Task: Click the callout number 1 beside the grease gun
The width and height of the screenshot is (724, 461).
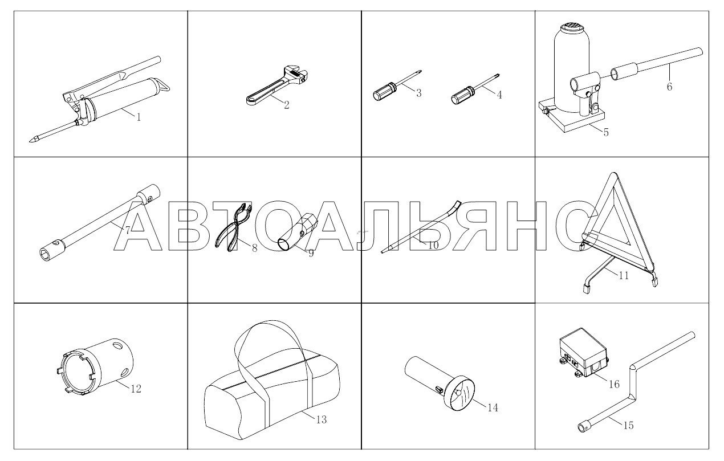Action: tap(139, 117)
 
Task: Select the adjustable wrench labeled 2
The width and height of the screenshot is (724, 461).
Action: tap(277, 85)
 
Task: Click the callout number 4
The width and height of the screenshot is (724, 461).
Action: tap(499, 95)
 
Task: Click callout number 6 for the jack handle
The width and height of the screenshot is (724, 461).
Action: tap(669, 87)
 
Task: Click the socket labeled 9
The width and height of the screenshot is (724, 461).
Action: tap(298, 231)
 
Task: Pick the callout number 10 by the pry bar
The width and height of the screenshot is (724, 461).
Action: tap(433, 246)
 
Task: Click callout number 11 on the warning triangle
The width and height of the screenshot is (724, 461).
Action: tap(624, 276)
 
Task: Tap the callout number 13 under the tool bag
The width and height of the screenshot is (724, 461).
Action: tap(322, 419)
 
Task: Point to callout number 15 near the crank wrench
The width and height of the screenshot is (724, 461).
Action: tap(628, 426)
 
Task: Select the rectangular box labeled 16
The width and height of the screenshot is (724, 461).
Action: tap(583, 353)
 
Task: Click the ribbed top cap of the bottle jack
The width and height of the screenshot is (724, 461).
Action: tap(571, 26)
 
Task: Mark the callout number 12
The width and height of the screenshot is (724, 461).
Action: tap(136, 389)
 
